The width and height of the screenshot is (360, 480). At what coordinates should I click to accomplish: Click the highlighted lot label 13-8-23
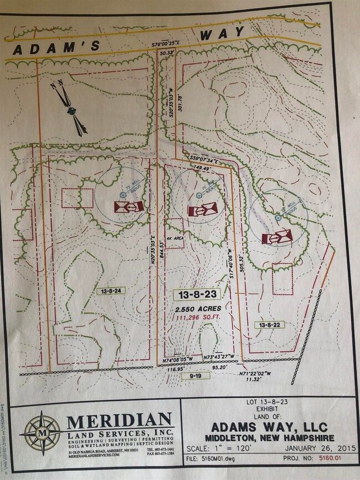196,293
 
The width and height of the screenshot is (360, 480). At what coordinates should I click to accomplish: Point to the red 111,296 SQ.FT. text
196,317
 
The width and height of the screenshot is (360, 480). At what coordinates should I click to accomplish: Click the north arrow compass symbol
71,110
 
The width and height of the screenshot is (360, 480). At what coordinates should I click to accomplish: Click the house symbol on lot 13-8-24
128,207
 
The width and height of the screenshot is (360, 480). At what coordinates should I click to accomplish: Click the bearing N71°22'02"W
255,374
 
